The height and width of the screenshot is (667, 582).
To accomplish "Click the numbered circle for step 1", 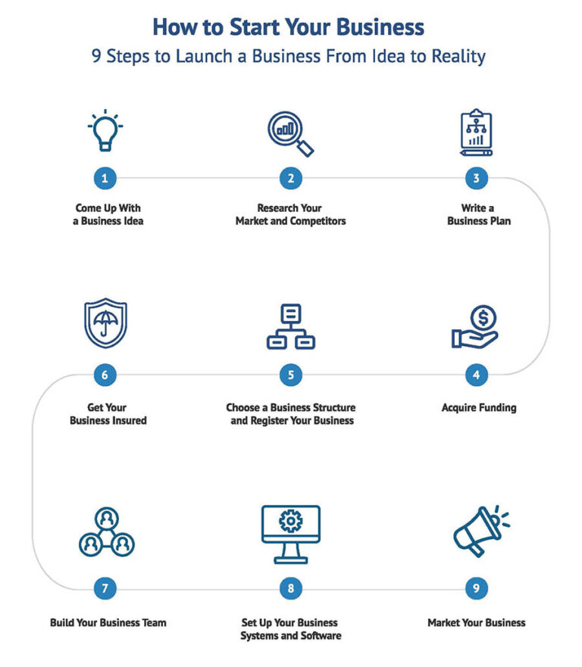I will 105,179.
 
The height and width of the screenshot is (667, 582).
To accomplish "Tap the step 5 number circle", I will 290,375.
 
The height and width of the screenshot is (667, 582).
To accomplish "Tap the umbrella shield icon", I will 105,324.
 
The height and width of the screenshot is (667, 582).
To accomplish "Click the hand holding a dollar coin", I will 476,326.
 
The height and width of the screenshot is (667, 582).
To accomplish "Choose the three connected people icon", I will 105,532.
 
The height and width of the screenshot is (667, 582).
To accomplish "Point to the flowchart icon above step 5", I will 290,326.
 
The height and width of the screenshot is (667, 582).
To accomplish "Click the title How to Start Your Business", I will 288,27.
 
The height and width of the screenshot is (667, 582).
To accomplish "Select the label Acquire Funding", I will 478,408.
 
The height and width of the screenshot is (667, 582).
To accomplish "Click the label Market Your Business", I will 476,623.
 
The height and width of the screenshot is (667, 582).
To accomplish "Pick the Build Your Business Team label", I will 108,623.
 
